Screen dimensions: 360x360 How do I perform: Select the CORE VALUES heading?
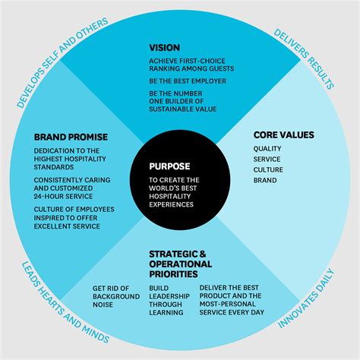[283, 135]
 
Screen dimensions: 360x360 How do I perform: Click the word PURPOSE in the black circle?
[171, 166]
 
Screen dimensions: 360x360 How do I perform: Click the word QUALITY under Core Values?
[268, 149]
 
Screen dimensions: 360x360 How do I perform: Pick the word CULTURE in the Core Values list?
[270, 170]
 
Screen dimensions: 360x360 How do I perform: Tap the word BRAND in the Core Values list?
[266, 181]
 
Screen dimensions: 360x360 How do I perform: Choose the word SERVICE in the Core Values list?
[268, 159]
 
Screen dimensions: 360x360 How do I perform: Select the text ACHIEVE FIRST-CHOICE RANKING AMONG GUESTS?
[191, 64]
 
